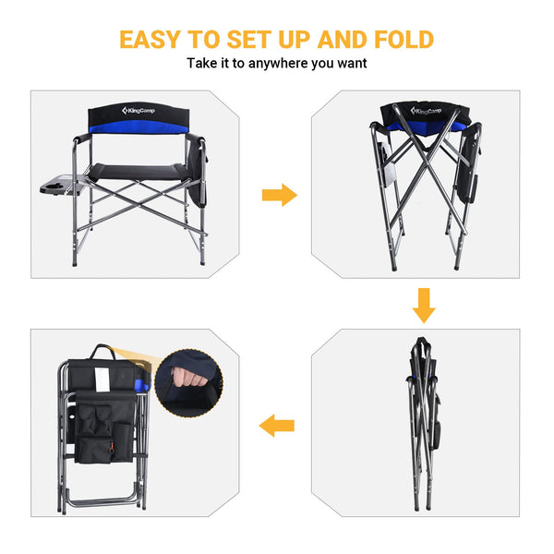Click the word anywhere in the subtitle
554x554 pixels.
tap(281, 64)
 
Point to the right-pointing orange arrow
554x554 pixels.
tap(279, 195)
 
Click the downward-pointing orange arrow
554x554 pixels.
tap(424, 306)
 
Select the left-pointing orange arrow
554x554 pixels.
tap(277, 426)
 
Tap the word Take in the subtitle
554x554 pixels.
tap(201, 64)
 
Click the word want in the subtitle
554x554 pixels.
tap(351, 64)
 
